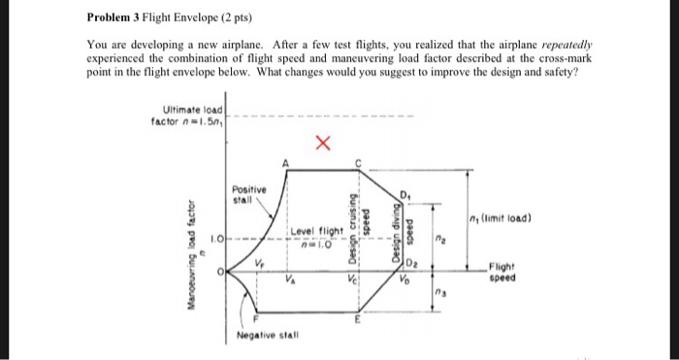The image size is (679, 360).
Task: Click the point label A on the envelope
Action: (284, 163)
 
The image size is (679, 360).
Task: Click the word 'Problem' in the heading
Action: (109, 18)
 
